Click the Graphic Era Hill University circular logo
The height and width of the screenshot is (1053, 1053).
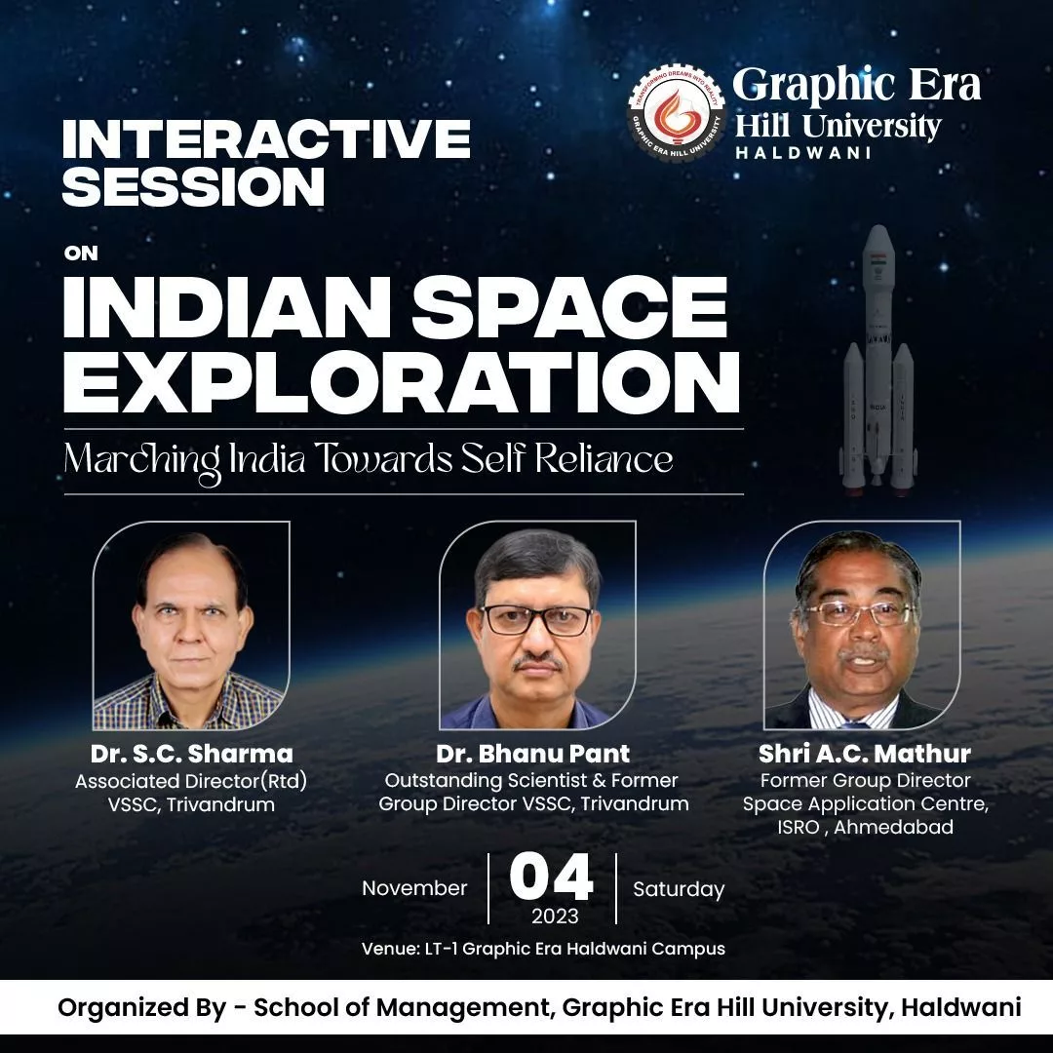pyautogui.click(x=676, y=113)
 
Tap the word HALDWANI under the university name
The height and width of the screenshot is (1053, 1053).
pyautogui.click(x=801, y=153)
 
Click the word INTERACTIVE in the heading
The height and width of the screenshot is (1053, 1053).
pyautogui.click(x=266, y=139)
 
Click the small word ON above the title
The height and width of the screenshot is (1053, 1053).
pyautogui.click(x=81, y=253)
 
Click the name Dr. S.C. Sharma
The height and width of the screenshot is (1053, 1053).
pyautogui.click(x=192, y=754)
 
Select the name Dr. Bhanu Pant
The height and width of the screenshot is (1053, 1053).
pyautogui.click(x=534, y=754)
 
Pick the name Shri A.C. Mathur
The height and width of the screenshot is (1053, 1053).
pyautogui.click(x=865, y=754)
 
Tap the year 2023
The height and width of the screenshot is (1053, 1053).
pyautogui.click(x=554, y=916)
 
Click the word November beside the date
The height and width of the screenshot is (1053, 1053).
pyautogui.click(x=414, y=888)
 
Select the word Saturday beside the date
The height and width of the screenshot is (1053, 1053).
pyautogui.click(x=679, y=889)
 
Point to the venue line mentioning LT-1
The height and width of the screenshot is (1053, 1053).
pyautogui.click(x=543, y=949)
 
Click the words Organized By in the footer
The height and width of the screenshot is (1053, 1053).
pyautogui.click(x=141, y=1008)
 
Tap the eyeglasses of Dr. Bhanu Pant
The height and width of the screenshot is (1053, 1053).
pyautogui.click(x=536, y=621)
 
